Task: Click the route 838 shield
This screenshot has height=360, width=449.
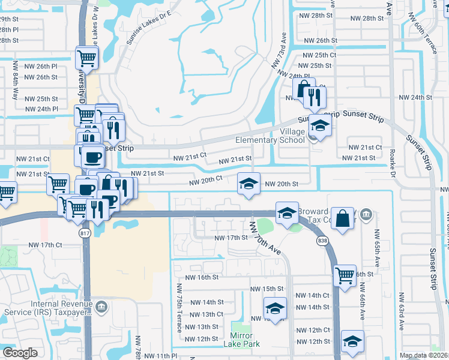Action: pos(323,241)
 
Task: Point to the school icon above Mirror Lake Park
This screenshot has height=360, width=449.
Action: pos(275,308)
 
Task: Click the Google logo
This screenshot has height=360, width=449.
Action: pos(20,353)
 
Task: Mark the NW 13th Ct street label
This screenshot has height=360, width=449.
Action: pos(204,314)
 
